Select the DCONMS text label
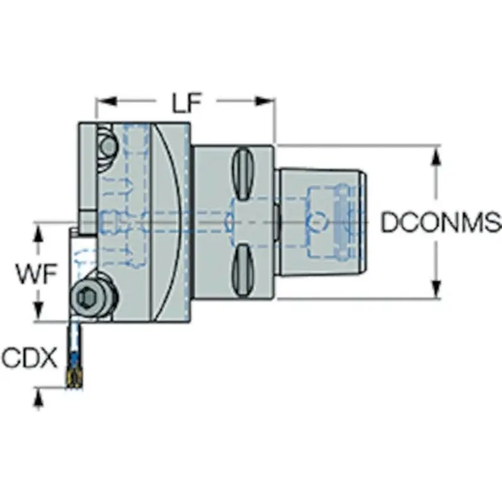(441, 223)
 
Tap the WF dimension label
(35, 274)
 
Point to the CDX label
(30, 359)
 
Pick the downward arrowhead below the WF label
(40, 314)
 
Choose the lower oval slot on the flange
(243, 270)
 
